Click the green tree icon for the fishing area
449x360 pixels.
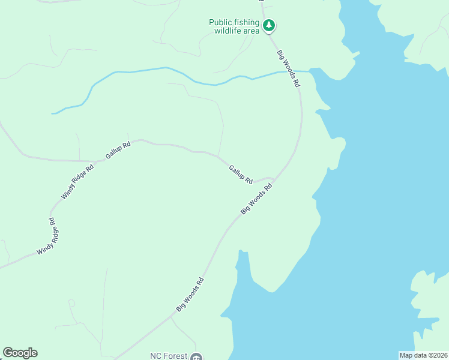pos(270,26)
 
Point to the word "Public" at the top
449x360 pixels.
pos(220,22)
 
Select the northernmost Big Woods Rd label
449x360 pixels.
pos(288,70)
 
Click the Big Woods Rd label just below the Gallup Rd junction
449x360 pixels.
pos(256,199)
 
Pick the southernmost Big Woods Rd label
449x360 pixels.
pos(190,293)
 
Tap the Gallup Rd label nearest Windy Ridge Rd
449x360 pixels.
pos(118,150)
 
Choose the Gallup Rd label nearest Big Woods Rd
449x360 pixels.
pos(241,174)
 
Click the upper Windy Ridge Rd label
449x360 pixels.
pos(78,181)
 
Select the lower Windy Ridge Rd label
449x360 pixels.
pos(46,236)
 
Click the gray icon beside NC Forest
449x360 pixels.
pos(196,356)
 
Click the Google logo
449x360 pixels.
pos(20,353)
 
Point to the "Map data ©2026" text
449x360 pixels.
pos(423,355)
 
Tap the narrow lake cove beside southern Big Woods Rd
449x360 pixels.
pos(241,270)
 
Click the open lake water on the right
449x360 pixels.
pos(384,180)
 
